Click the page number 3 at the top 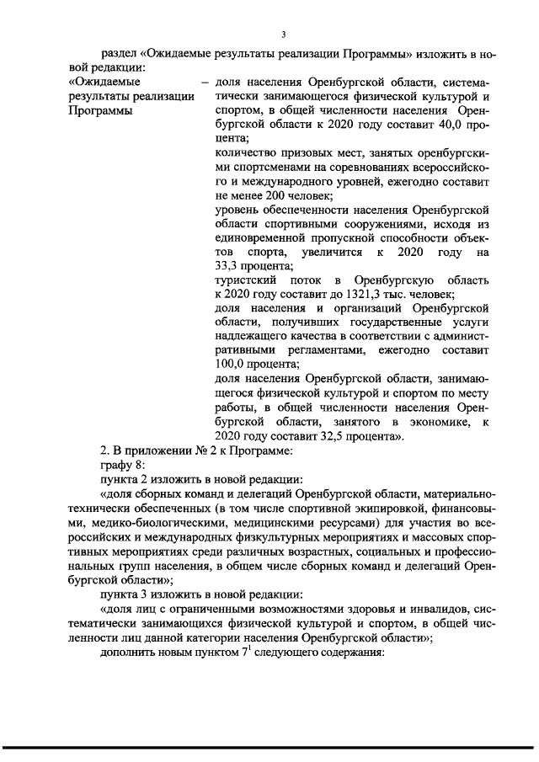coord(283,34)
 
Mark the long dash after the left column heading coord(202,83)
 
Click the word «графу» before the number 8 coord(117,465)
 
